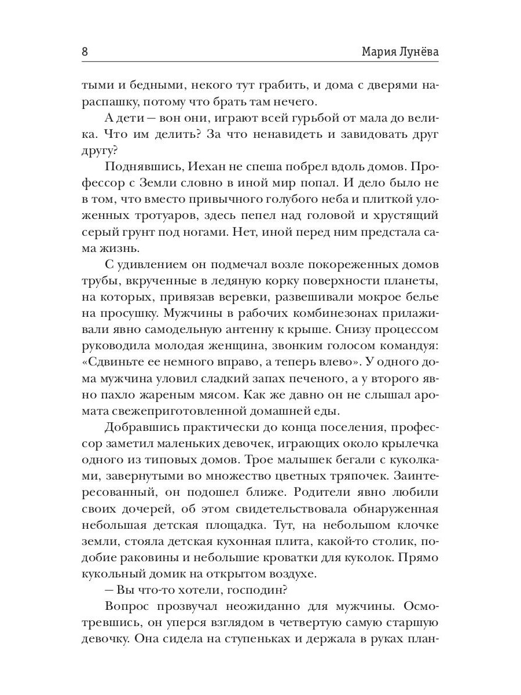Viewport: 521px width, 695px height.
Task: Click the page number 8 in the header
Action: (85, 52)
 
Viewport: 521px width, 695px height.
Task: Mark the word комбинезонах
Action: (328, 313)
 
